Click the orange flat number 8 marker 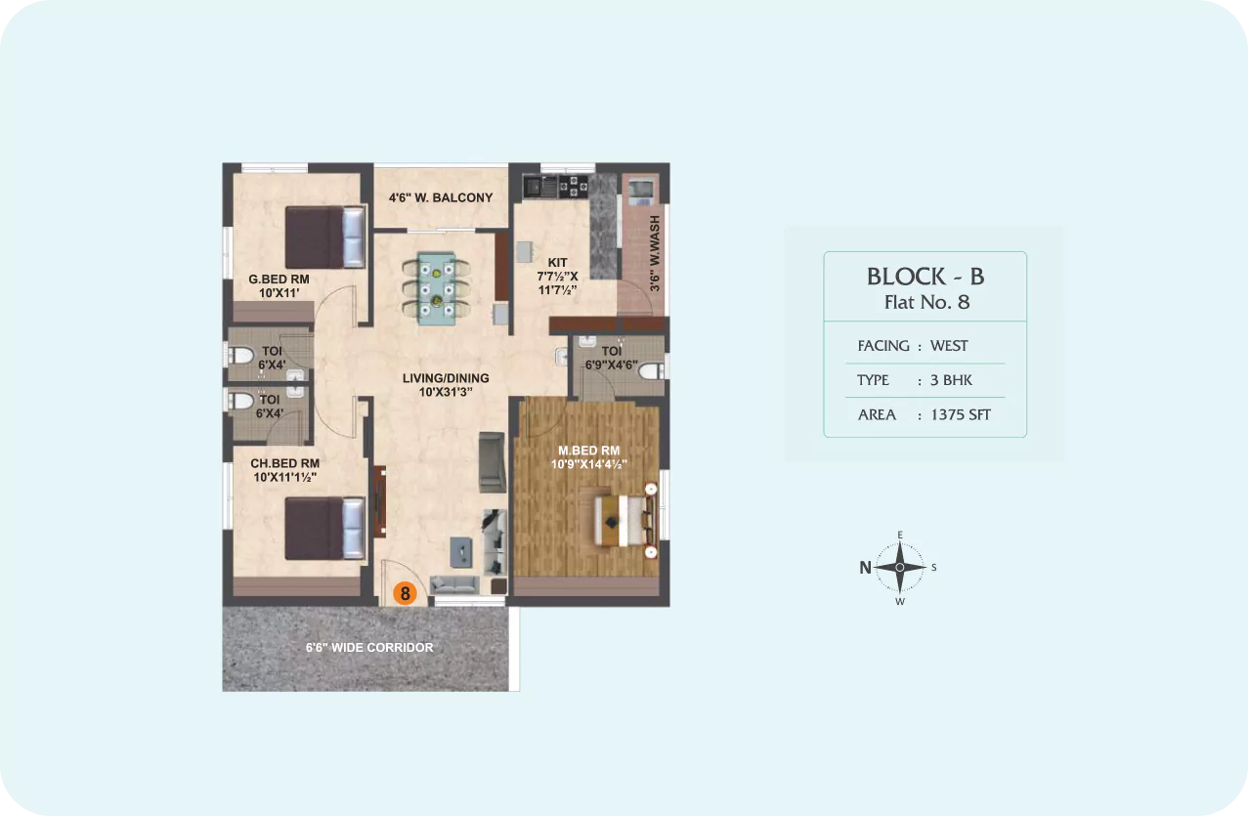405,593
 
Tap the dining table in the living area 436,288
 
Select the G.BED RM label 279,279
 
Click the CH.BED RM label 284,463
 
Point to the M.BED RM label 589,451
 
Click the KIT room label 557,262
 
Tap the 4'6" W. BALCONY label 441,197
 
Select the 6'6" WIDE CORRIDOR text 369,647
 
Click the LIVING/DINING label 446,378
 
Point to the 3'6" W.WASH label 655,253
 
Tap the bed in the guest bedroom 325,237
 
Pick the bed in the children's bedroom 325,528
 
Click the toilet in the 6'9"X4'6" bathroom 650,370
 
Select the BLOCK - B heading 925,277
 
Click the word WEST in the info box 949,346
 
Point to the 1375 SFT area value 961,415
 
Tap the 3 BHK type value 951,380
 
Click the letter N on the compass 865,568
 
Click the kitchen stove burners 573,186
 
